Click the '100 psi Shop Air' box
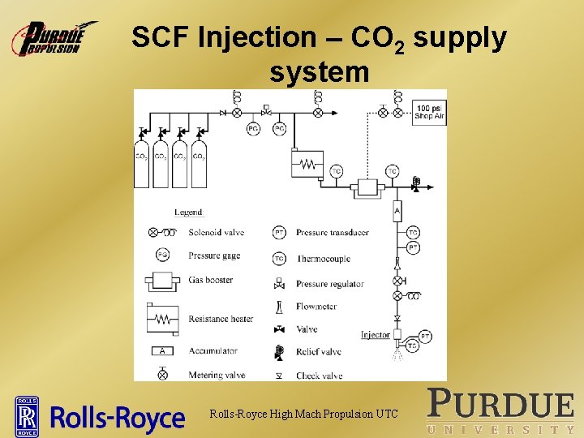[x=429, y=112]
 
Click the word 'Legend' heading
[x=188, y=213]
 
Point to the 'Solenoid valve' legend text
[x=216, y=233]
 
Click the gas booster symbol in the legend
[x=163, y=281]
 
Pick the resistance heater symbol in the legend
[x=163, y=319]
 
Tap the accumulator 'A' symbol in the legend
[x=163, y=351]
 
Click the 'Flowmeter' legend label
[x=316, y=307]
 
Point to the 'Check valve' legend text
[x=320, y=376]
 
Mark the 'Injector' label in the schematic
[x=376, y=335]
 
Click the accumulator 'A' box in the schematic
[x=397, y=212]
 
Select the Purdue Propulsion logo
[x=54, y=38]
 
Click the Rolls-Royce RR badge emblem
[x=28, y=416]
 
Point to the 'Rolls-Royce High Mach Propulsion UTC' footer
[x=303, y=414]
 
